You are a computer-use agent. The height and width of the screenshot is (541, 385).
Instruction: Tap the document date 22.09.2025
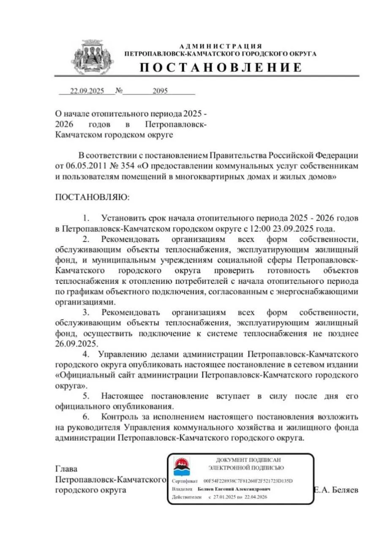click(x=87, y=91)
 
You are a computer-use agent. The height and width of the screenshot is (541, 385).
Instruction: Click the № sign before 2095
click(x=119, y=91)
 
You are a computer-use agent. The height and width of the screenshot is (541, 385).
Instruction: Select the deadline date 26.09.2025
click(x=76, y=344)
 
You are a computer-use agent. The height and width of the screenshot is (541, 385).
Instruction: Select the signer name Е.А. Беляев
click(x=336, y=490)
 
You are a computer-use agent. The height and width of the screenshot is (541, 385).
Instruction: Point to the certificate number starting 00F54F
click(x=248, y=481)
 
